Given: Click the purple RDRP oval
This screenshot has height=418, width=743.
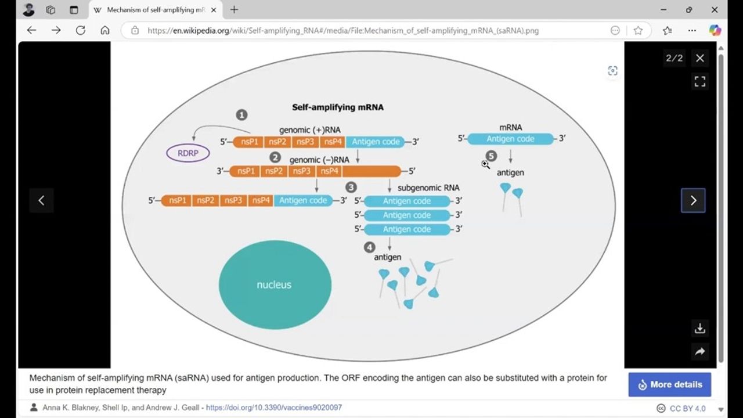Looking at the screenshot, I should pyautogui.click(x=187, y=153).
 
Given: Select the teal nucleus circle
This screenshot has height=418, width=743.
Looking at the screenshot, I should pyautogui.click(x=275, y=284).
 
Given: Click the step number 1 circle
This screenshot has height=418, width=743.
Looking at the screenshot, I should pyautogui.click(x=241, y=115).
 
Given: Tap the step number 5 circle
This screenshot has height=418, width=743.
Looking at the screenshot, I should pyautogui.click(x=492, y=156).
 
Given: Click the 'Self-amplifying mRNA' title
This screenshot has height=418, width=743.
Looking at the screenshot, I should pyautogui.click(x=337, y=107).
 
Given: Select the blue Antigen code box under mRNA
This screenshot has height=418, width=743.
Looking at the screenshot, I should pyautogui.click(x=510, y=139).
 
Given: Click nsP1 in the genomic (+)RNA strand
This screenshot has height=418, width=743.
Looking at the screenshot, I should pyautogui.click(x=249, y=142).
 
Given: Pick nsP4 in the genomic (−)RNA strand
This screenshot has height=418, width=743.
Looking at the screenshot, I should pyautogui.click(x=329, y=171).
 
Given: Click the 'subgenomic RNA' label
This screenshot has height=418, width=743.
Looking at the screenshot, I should pyautogui.click(x=428, y=188).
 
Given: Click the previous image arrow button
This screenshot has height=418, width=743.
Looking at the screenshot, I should pyautogui.click(x=41, y=200).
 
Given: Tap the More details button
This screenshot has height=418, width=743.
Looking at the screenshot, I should pyautogui.click(x=669, y=384).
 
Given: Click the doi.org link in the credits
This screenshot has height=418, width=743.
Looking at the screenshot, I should pyautogui.click(x=274, y=408).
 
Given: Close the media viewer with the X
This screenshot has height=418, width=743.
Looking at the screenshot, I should pyautogui.click(x=700, y=58).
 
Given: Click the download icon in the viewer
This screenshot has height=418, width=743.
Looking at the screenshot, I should pyautogui.click(x=700, y=329).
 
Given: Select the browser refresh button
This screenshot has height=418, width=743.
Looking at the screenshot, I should pyautogui.click(x=80, y=30).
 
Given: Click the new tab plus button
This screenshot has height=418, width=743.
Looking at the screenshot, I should pyautogui.click(x=234, y=10).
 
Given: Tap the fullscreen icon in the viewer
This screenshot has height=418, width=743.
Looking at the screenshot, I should pyautogui.click(x=700, y=82).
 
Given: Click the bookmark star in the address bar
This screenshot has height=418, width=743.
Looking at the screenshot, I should pyautogui.click(x=638, y=30).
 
